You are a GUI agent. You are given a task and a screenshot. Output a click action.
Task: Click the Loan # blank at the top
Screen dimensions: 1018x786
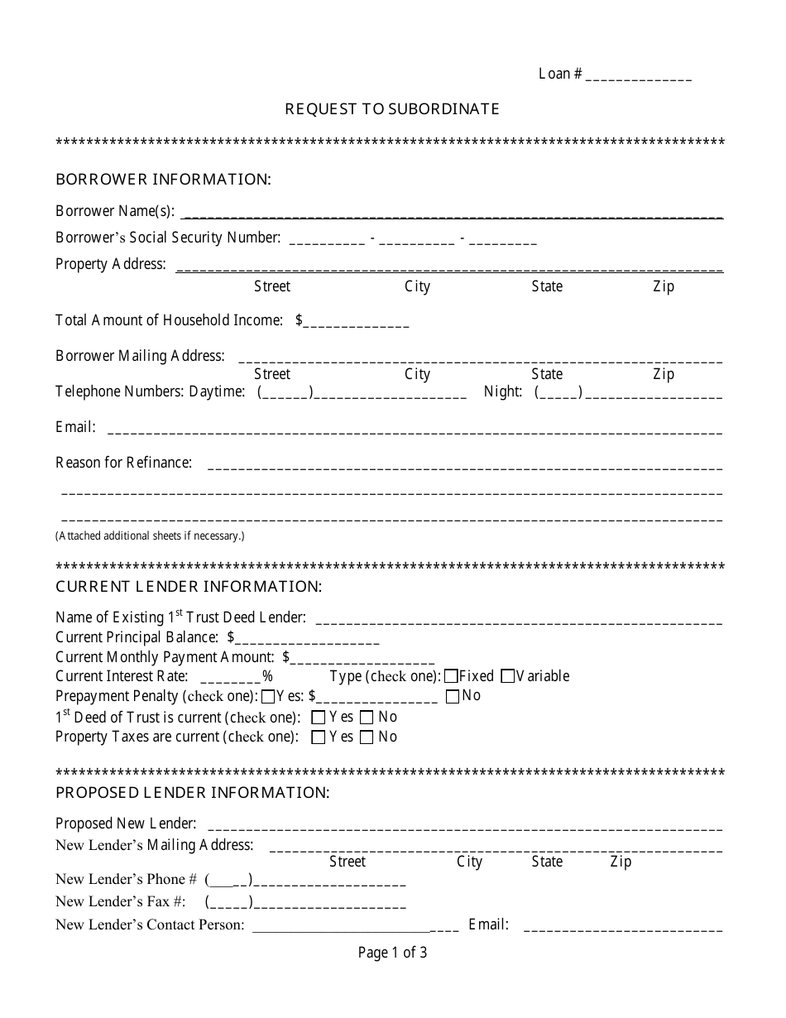click(639, 76)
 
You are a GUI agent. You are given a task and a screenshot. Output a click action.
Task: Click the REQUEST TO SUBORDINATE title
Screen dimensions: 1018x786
click(392, 108)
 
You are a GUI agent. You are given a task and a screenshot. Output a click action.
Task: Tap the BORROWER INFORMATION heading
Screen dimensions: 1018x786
click(163, 179)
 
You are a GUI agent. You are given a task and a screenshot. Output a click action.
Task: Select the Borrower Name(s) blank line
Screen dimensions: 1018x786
click(451, 213)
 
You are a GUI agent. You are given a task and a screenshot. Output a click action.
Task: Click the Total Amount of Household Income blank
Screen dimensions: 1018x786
click(357, 322)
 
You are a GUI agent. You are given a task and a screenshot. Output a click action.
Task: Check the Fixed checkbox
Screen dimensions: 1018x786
click(452, 676)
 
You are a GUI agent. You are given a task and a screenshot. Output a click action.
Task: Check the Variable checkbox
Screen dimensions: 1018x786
click(508, 676)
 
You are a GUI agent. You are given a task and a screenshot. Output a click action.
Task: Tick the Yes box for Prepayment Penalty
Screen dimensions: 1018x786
click(268, 697)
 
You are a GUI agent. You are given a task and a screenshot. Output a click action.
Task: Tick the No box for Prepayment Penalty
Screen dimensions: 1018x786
click(453, 697)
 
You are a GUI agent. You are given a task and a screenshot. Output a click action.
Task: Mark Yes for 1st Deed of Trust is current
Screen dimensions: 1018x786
click(319, 718)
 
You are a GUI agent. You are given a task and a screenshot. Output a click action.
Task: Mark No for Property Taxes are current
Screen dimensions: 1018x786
click(367, 737)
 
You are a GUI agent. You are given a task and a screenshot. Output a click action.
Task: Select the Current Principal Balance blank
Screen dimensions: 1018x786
click(307, 639)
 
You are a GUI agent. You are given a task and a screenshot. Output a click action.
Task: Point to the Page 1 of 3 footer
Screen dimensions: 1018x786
click(392, 953)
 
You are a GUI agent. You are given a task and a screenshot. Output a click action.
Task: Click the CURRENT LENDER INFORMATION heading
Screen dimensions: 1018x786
click(188, 587)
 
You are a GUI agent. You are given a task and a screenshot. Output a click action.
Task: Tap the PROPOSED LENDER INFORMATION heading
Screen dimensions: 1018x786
click(192, 792)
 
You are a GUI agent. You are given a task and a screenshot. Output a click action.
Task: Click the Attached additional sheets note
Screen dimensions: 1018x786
click(150, 535)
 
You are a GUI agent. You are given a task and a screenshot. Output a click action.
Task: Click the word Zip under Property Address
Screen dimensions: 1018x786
click(664, 286)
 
